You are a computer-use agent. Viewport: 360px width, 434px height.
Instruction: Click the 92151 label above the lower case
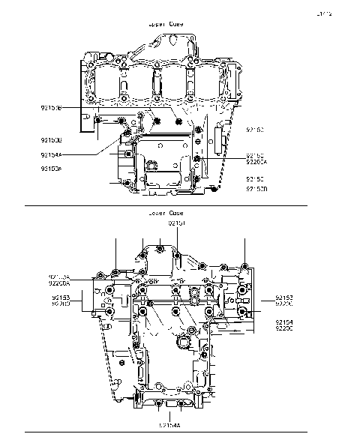pos(175,223)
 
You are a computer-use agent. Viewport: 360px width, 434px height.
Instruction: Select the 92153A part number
pos(59,277)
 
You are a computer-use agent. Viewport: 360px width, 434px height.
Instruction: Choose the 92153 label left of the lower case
pos(61,298)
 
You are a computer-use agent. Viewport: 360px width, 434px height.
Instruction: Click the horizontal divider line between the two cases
pos(165,205)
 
